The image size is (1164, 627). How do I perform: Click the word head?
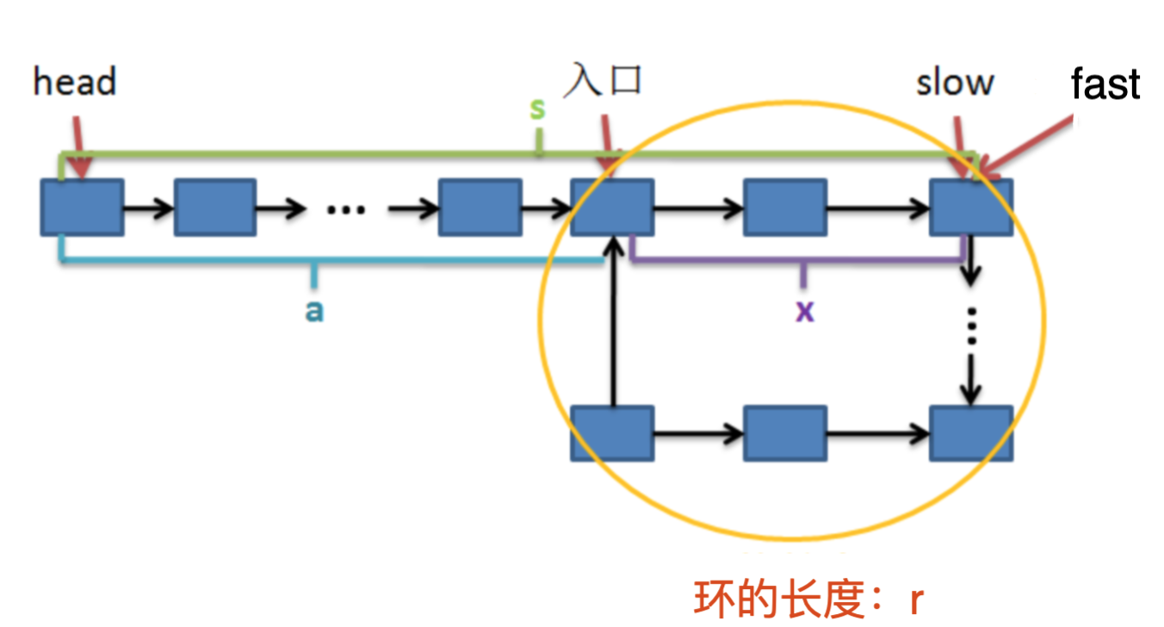(x=74, y=83)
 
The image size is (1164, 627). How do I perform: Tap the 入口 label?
(x=604, y=81)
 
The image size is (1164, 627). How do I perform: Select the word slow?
(x=955, y=83)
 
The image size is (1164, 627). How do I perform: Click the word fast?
(x=1105, y=84)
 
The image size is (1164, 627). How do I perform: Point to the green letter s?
(x=537, y=109)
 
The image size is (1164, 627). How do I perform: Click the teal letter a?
(x=314, y=310)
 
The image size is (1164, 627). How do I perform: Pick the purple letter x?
(x=804, y=310)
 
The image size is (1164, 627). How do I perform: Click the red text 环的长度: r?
(x=808, y=599)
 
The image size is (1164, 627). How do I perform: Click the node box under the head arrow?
(x=82, y=208)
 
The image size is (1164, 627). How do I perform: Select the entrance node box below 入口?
(x=611, y=208)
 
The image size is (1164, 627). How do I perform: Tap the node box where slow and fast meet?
(x=971, y=208)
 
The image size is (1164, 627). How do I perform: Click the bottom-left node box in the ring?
(x=611, y=433)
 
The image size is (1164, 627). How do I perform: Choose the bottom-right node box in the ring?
(x=971, y=433)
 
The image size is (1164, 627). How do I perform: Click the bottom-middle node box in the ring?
(x=785, y=433)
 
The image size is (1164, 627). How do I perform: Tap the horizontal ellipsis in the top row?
(x=347, y=209)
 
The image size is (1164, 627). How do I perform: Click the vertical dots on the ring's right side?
(x=972, y=326)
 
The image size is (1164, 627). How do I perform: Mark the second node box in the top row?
(x=215, y=208)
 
